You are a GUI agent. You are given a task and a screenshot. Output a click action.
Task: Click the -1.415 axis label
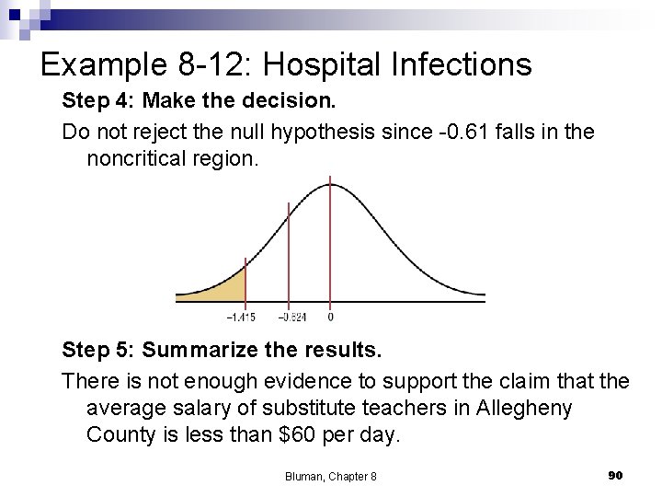240,318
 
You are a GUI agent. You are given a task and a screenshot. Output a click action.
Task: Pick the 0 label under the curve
330,318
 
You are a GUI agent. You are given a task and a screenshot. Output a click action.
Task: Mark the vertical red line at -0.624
289,258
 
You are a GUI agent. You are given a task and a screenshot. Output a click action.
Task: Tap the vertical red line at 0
330,239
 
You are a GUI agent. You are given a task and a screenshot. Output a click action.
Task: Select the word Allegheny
523,408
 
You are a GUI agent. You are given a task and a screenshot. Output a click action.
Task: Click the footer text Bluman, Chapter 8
330,476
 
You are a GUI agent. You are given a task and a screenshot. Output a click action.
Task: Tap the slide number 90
616,475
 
